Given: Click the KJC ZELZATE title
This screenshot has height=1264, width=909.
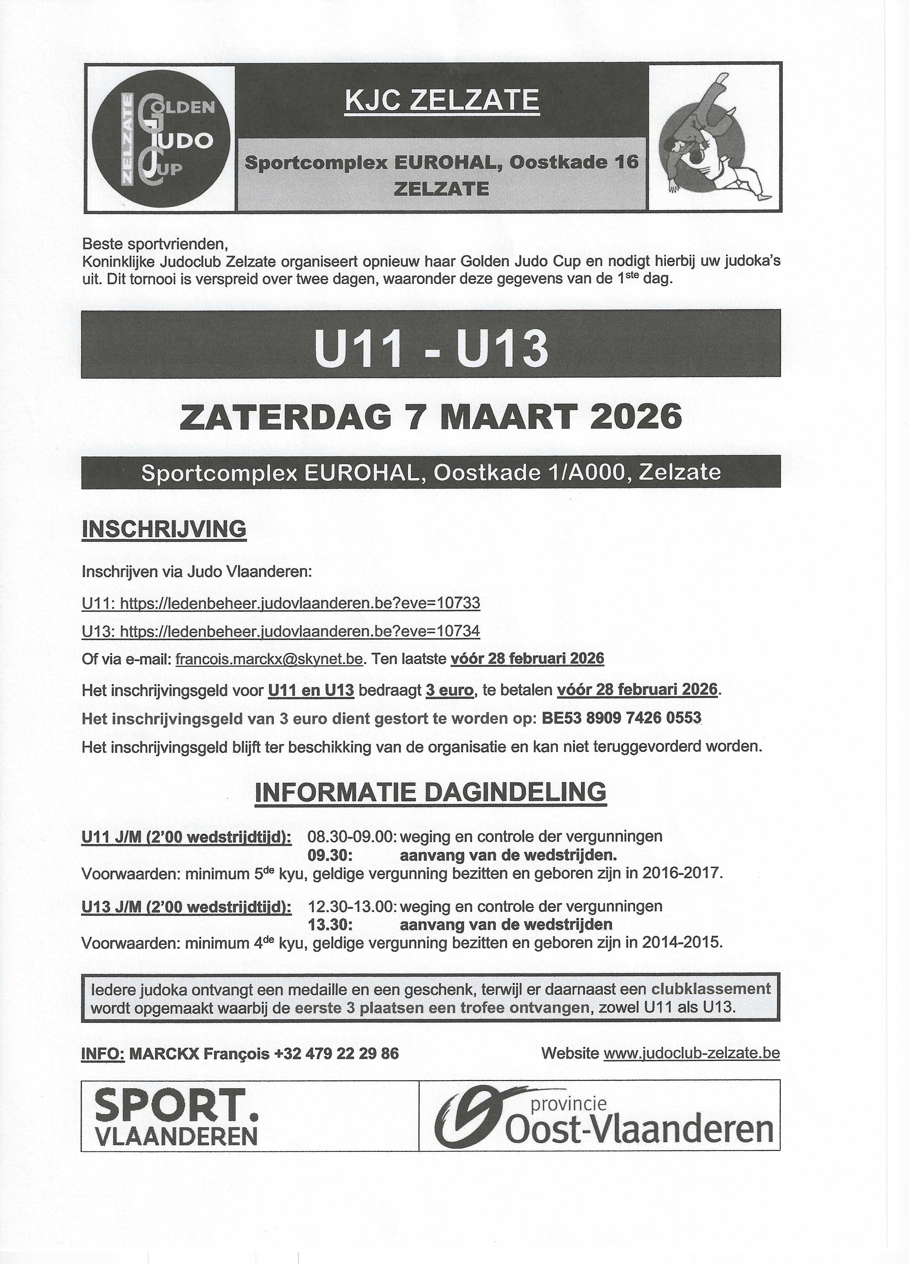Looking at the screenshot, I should [442, 101].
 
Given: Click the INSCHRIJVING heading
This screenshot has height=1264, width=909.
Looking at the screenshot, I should [164, 529].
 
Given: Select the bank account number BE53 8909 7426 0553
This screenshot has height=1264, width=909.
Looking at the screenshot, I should [621, 718].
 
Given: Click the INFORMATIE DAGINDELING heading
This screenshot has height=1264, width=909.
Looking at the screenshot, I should [431, 792].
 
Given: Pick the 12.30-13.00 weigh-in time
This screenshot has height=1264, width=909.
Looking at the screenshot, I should [352, 906].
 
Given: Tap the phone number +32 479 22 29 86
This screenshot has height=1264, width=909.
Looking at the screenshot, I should [336, 1054].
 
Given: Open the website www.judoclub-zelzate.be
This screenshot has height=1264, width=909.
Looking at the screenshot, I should [692, 1054].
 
